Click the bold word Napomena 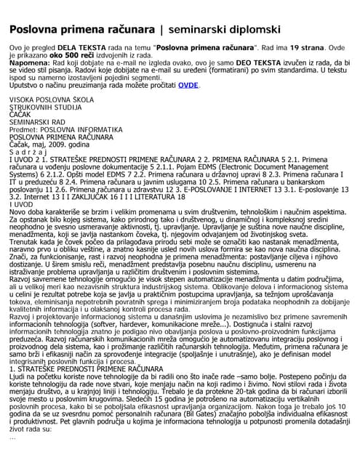[x=31, y=63]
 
